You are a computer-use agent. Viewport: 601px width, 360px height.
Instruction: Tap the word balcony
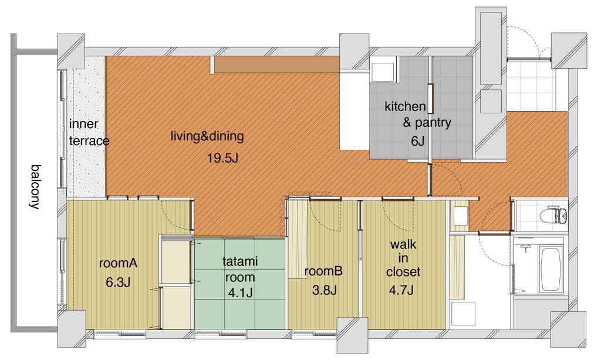(x=36, y=187)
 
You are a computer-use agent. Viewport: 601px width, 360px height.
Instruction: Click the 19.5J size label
(x=222, y=157)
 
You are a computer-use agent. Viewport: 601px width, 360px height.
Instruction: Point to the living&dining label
(x=207, y=136)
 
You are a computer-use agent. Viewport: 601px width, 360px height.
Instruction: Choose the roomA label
(x=118, y=263)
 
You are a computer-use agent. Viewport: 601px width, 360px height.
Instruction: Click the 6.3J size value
(x=118, y=282)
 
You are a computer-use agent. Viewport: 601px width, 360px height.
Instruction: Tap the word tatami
(x=240, y=261)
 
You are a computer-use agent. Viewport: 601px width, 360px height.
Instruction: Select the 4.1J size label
(x=240, y=293)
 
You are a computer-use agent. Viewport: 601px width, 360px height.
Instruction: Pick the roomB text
(x=323, y=271)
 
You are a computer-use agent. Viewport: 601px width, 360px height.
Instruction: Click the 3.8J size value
(x=324, y=290)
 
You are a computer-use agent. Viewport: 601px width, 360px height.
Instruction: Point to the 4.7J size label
(x=401, y=290)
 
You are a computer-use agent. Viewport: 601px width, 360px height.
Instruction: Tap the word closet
(x=403, y=272)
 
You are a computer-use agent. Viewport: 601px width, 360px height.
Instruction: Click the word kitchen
(x=405, y=106)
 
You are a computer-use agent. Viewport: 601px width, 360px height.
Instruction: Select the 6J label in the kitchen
(x=418, y=141)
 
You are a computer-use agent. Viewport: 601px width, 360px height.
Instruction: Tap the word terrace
(x=89, y=141)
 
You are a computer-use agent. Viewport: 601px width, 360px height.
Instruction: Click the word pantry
(x=433, y=123)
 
